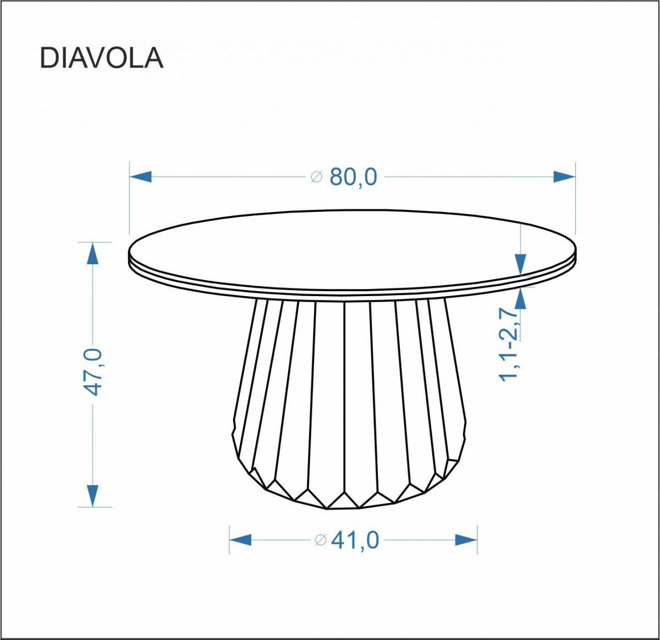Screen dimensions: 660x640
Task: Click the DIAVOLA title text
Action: (102, 58)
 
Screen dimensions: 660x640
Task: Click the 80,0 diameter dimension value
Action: (353, 177)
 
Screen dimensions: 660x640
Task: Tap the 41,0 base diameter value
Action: (355, 540)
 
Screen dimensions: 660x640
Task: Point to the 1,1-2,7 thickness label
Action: (509, 344)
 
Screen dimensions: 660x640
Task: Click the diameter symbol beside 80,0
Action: (316, 177)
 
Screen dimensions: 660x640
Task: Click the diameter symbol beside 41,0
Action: (321, 540)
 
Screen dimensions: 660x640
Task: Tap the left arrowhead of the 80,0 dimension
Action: (140, 177)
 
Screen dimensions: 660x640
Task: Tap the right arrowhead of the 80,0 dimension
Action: (564, 177)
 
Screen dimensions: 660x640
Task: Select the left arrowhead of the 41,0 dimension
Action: (240, 540)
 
